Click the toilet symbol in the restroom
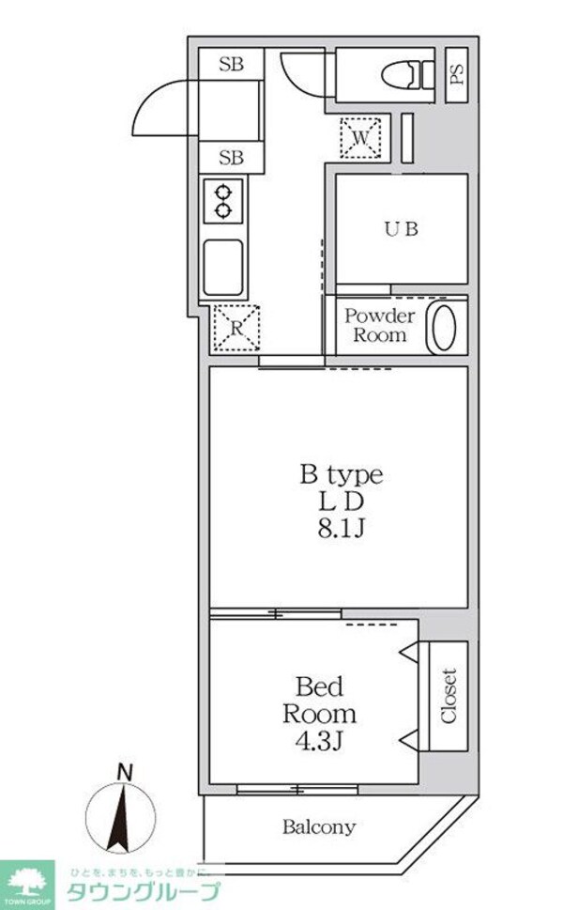(411, 74)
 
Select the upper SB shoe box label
(231, 65)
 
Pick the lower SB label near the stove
(231, 158)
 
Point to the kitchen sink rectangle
(223, 267)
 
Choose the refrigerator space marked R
(236, 328)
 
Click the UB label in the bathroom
(400, 228)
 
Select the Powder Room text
(379, 325)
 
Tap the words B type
(340, 474)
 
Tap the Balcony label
(319, 827)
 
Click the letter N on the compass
(123, 772)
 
